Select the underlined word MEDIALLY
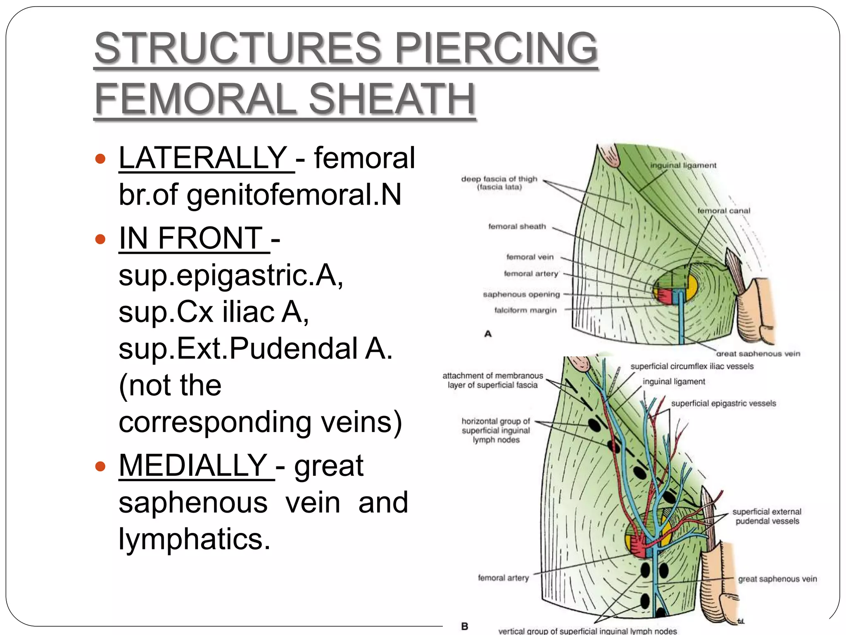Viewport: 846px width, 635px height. [193, 466]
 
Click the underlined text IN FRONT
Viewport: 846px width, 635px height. [191, 239]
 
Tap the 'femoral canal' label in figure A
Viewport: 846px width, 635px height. [724, 211]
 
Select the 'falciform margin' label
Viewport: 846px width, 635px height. [525, 310]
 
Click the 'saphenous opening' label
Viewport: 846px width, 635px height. [521, 294]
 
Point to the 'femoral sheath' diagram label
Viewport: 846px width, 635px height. [517, 227]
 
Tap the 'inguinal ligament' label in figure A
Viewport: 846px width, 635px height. [683, 165]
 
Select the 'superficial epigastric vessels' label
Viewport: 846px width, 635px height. [723, 403]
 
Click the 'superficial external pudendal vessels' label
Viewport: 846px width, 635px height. [767, 517]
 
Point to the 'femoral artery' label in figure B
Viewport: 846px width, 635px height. [503, 578]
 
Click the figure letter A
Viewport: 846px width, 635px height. [488, 334]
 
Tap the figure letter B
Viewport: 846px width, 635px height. [465, 626]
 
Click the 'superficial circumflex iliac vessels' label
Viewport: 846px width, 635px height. [692, 366]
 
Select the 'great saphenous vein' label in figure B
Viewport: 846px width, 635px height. [777, 579]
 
